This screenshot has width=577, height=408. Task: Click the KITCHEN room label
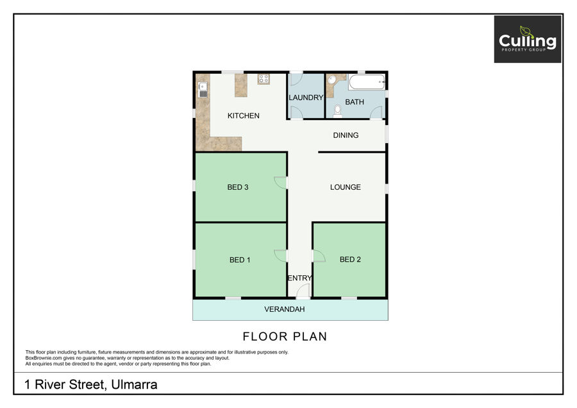(243, 115)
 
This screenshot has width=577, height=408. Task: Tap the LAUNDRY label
(306, 98)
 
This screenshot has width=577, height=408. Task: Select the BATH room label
(355, 102)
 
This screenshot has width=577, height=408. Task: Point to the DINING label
(346, 135)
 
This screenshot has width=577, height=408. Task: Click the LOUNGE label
(345, 187)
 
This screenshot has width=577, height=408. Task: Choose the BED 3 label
(238, 187)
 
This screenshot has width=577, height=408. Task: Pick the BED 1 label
(240, 260)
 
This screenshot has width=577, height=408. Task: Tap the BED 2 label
(350, 260)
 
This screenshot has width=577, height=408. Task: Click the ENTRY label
(299, 278)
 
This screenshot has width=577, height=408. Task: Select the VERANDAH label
(285, 309)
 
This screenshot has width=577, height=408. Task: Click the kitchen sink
(203, 89)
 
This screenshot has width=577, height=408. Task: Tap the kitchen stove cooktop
(263, 79)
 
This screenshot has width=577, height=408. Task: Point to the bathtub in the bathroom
(367, 81)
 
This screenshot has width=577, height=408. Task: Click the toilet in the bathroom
(337, 111)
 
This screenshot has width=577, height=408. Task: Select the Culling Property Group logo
(528, 39)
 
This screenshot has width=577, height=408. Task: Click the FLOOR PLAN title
(285, 337)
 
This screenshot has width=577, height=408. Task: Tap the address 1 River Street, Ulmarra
(91, 384)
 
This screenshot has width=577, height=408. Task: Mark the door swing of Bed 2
(319, 256)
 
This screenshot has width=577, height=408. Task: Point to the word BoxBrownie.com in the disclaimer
(44, 358)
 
